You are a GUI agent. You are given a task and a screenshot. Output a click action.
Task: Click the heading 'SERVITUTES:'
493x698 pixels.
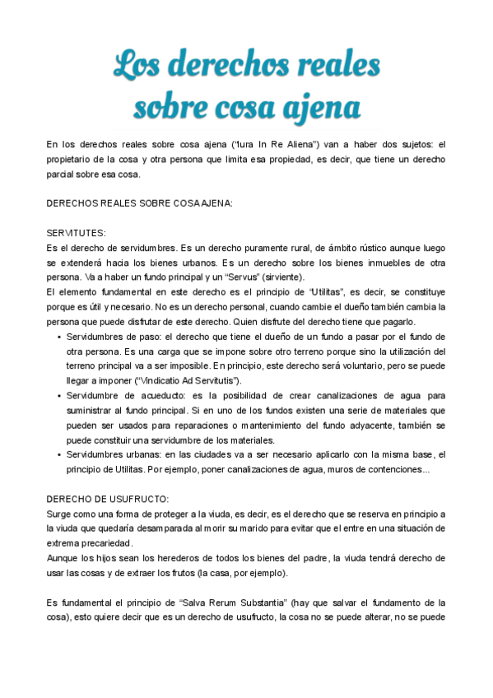77,233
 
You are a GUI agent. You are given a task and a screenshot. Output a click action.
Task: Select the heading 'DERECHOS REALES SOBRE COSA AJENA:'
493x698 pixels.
140,202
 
